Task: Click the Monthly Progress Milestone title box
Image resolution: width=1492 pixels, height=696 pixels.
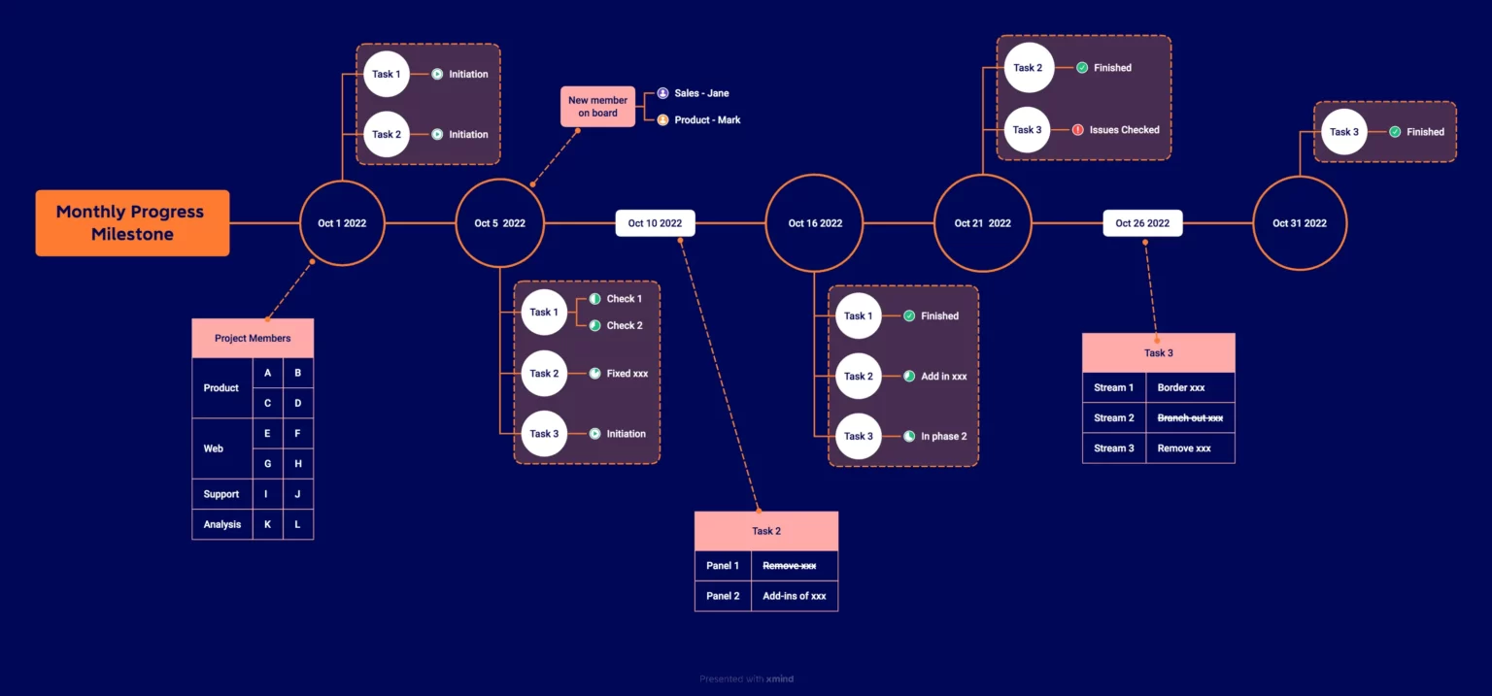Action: coord(132,223)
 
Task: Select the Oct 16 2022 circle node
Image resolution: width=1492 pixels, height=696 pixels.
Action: coord(814,223)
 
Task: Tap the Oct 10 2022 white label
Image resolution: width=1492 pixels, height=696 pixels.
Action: coord(655,223)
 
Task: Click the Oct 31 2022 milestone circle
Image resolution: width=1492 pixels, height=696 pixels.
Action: coord(1299,223)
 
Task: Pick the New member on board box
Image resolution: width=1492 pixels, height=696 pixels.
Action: coord(597,106)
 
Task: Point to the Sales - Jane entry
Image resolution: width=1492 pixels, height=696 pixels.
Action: coord(701,93)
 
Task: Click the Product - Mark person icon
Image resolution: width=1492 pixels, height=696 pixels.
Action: coord(662,119)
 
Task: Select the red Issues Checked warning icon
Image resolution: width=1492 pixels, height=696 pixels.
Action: coord(1077,129)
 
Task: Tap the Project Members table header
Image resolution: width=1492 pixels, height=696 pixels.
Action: coord(253,339)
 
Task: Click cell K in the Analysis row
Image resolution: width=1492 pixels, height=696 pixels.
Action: coord(267,524)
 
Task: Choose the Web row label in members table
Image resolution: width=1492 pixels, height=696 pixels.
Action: coord(214,448)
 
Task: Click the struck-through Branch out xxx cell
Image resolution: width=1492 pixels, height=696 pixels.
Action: coord(1190,417)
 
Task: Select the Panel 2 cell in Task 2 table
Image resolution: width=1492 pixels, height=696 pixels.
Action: coord(723,596)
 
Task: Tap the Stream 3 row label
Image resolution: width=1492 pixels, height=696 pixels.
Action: coord(1114,448)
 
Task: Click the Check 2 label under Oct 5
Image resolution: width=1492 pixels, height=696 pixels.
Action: coord(625,325)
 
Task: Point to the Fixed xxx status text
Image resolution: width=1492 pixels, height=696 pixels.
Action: coord(627,373)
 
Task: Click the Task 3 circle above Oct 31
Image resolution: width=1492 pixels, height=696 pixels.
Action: coord(1343,132)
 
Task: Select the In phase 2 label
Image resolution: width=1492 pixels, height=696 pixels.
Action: coord(943,436)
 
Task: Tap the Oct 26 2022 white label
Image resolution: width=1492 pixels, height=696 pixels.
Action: coord(1142,223)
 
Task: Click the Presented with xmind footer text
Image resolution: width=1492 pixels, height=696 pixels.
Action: coord(746,679)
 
